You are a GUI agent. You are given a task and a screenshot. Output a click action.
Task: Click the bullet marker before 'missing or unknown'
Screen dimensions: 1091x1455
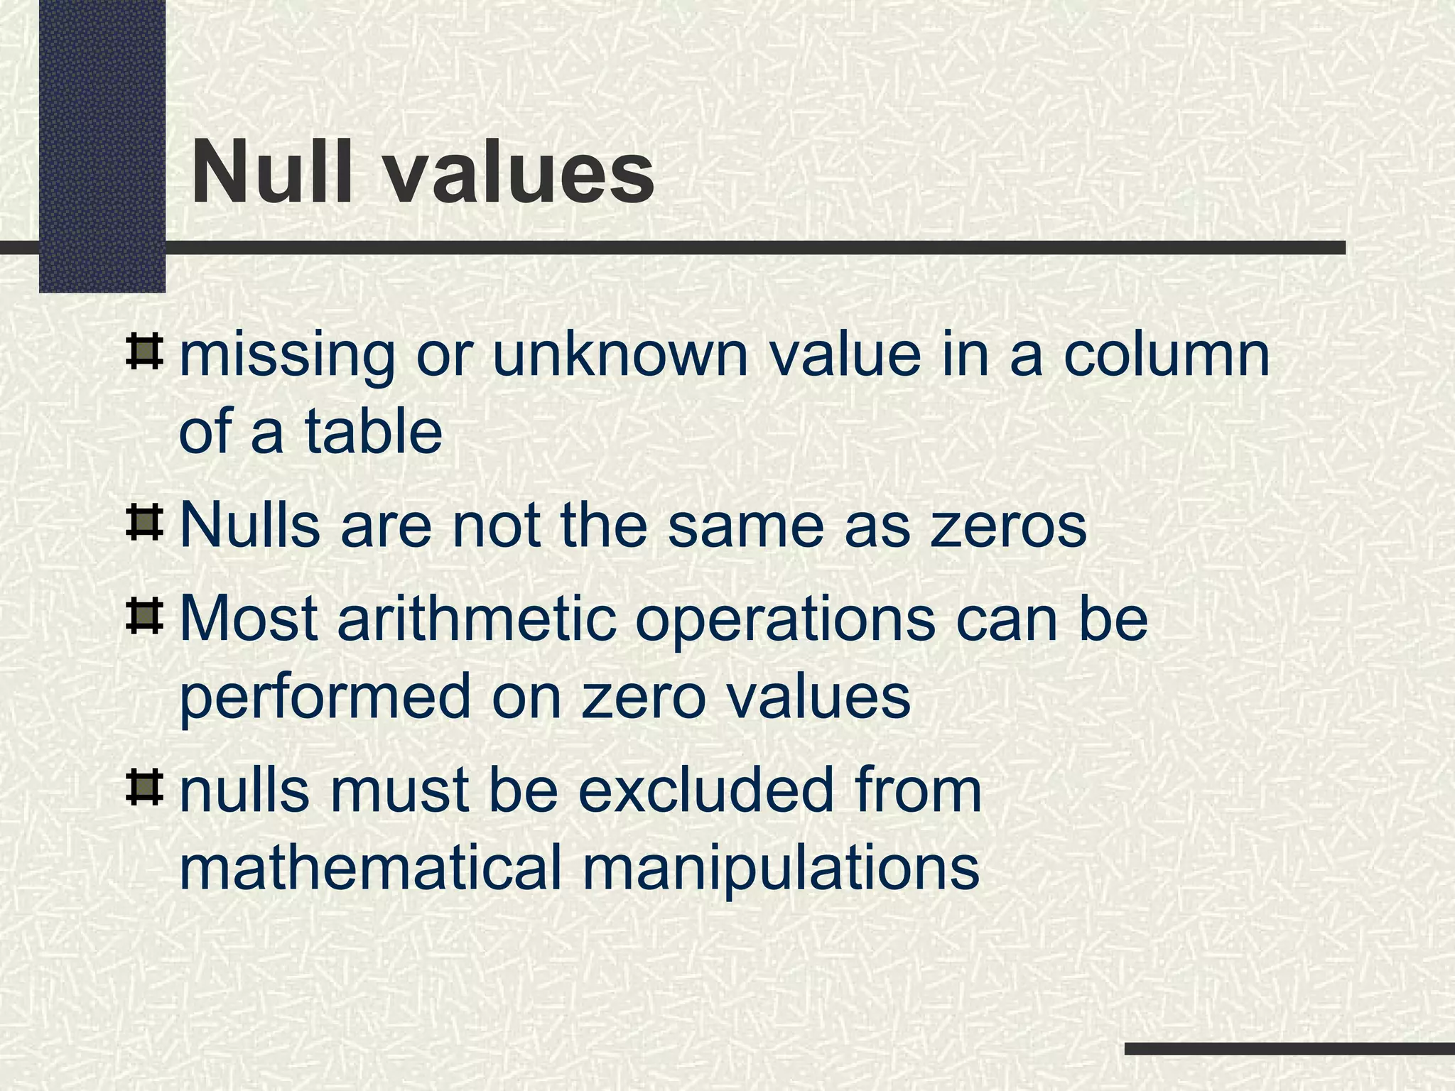[x=144, y=352]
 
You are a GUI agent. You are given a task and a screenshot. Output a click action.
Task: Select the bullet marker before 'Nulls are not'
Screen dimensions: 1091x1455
[x=144, y=523]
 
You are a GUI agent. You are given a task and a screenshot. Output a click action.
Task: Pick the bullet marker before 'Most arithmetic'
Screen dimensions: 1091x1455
[x=144, y=617]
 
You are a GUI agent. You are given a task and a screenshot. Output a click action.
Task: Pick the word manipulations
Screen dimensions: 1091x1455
[x=781, y=870]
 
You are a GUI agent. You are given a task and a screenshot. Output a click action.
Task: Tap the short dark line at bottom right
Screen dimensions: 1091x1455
[x=1289, y=1048]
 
